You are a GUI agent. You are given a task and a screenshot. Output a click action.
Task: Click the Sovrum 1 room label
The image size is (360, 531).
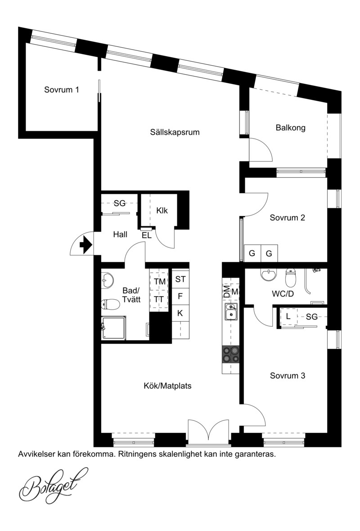click(62, 90)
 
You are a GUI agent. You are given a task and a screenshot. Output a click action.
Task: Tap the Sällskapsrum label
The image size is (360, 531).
click(175, 132)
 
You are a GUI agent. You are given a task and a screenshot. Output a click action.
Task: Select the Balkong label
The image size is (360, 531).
click(290, 128)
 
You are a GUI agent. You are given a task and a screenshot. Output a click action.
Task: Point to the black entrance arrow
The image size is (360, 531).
click(86, 244)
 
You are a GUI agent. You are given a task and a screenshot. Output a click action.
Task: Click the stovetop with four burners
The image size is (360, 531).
click(230, 355)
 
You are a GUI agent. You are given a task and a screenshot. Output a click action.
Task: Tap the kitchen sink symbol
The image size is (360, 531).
click(231, 311)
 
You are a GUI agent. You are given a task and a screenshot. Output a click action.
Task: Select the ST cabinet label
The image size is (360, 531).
click(180, 279)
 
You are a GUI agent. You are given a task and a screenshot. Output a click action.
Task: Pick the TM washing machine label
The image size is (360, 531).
click(159, 282)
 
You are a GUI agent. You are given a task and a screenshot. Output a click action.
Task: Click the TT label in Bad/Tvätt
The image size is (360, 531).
click(159, 299)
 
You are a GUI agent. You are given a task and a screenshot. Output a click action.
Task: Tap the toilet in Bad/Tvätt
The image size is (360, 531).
click(110, 305)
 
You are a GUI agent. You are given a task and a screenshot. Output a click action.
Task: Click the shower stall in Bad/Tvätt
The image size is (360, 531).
click(114, 328)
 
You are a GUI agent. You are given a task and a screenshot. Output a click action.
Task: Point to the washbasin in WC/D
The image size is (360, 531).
click(269, 274)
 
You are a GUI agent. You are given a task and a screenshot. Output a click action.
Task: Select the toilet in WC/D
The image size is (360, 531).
click(291, 277)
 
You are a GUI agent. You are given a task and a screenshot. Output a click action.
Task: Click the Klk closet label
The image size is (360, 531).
click(162, 211)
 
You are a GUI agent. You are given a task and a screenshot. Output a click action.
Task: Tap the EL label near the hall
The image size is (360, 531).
click(147, 236)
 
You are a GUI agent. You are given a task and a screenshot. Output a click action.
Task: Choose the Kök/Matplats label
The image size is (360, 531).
click(168, 386)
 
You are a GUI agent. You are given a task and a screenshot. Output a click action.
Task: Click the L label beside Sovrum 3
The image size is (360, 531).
click(288, 317)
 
